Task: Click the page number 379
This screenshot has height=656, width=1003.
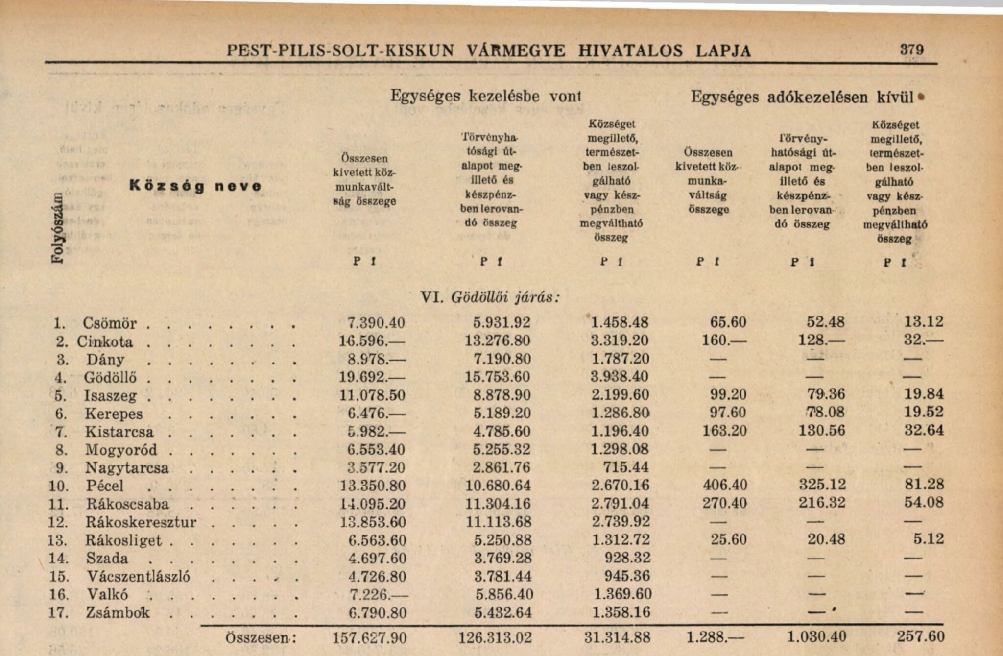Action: (x=911, y=49)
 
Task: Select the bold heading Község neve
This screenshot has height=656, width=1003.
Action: (x=195, y=186)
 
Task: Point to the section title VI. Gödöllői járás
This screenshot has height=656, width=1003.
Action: (x=490, y=297)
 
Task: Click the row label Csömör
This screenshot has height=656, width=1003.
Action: (x=109, y=323)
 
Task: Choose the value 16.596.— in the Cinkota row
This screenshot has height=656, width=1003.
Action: (x=372, y=341)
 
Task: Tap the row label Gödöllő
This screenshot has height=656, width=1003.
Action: (x=110, y=378)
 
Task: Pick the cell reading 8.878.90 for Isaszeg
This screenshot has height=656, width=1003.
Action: (x=502, y=395)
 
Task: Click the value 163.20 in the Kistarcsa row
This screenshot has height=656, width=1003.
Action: (x=724, y=431)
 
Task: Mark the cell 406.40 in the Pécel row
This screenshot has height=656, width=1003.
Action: (x=725, y=485)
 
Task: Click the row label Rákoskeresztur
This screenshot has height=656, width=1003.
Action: (x=141, y=522)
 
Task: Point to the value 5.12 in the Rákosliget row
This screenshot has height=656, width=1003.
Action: (x=928, y=539)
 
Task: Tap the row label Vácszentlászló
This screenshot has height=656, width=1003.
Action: (x=139, y=576)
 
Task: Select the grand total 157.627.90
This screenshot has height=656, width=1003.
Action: (x=369, y=638)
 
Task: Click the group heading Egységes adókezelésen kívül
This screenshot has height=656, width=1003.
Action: (x=802, y=97)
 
